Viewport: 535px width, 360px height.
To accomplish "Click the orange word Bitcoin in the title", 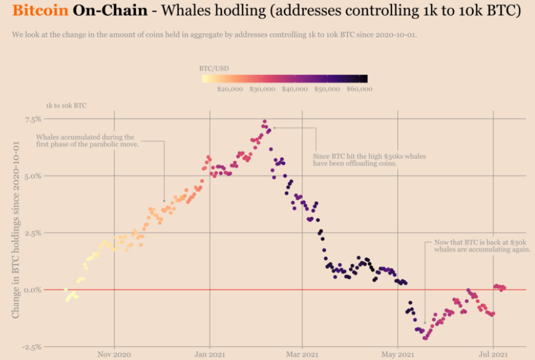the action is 40,10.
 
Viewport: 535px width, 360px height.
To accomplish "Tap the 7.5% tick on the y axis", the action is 33,119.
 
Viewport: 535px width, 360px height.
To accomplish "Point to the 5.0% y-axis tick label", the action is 33,176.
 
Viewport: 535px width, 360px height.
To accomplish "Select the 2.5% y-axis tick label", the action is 33,233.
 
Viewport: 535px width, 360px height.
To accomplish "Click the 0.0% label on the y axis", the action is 33,290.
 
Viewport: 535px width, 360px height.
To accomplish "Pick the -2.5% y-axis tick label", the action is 31,347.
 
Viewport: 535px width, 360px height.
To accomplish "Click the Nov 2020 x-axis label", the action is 114,354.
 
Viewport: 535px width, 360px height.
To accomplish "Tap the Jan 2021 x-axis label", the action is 210,354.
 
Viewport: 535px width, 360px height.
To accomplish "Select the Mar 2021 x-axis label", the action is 302,354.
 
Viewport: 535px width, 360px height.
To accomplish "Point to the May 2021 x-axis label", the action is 397,354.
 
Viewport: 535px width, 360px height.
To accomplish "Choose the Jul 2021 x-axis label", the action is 493,354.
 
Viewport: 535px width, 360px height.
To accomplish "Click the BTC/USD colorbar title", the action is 214,68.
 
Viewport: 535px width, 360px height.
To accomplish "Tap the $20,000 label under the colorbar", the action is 230,89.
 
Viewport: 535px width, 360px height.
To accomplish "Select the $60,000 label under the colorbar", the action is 359,89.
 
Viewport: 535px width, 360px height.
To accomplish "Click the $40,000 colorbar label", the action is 295,89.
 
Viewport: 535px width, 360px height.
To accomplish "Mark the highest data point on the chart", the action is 264,121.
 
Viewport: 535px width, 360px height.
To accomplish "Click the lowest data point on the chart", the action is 425,339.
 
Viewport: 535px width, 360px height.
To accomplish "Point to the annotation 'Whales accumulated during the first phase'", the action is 87,141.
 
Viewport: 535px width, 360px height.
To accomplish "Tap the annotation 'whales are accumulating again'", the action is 483,250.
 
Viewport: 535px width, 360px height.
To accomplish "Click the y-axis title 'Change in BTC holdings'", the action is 15,230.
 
